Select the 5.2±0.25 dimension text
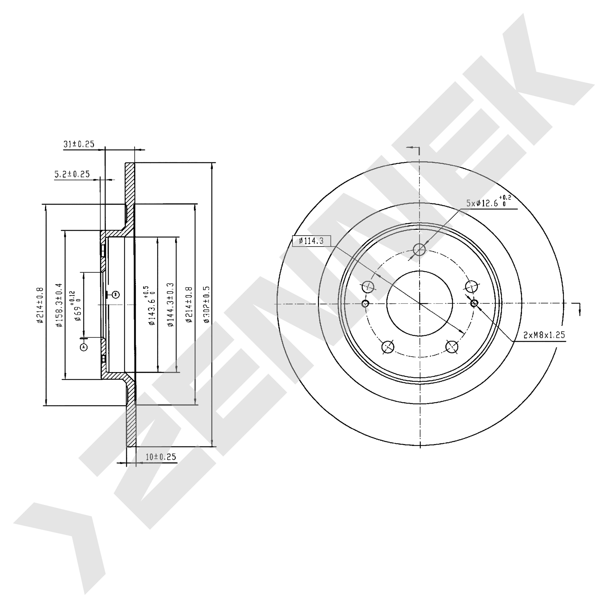72,174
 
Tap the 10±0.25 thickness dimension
161,457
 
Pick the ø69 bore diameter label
76,305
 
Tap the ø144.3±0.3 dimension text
170,305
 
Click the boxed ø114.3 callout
312,241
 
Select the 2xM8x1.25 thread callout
544,335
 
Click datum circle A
84,347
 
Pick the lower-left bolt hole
388,347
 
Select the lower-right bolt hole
452,347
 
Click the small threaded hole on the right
474,303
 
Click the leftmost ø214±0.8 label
40,305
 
